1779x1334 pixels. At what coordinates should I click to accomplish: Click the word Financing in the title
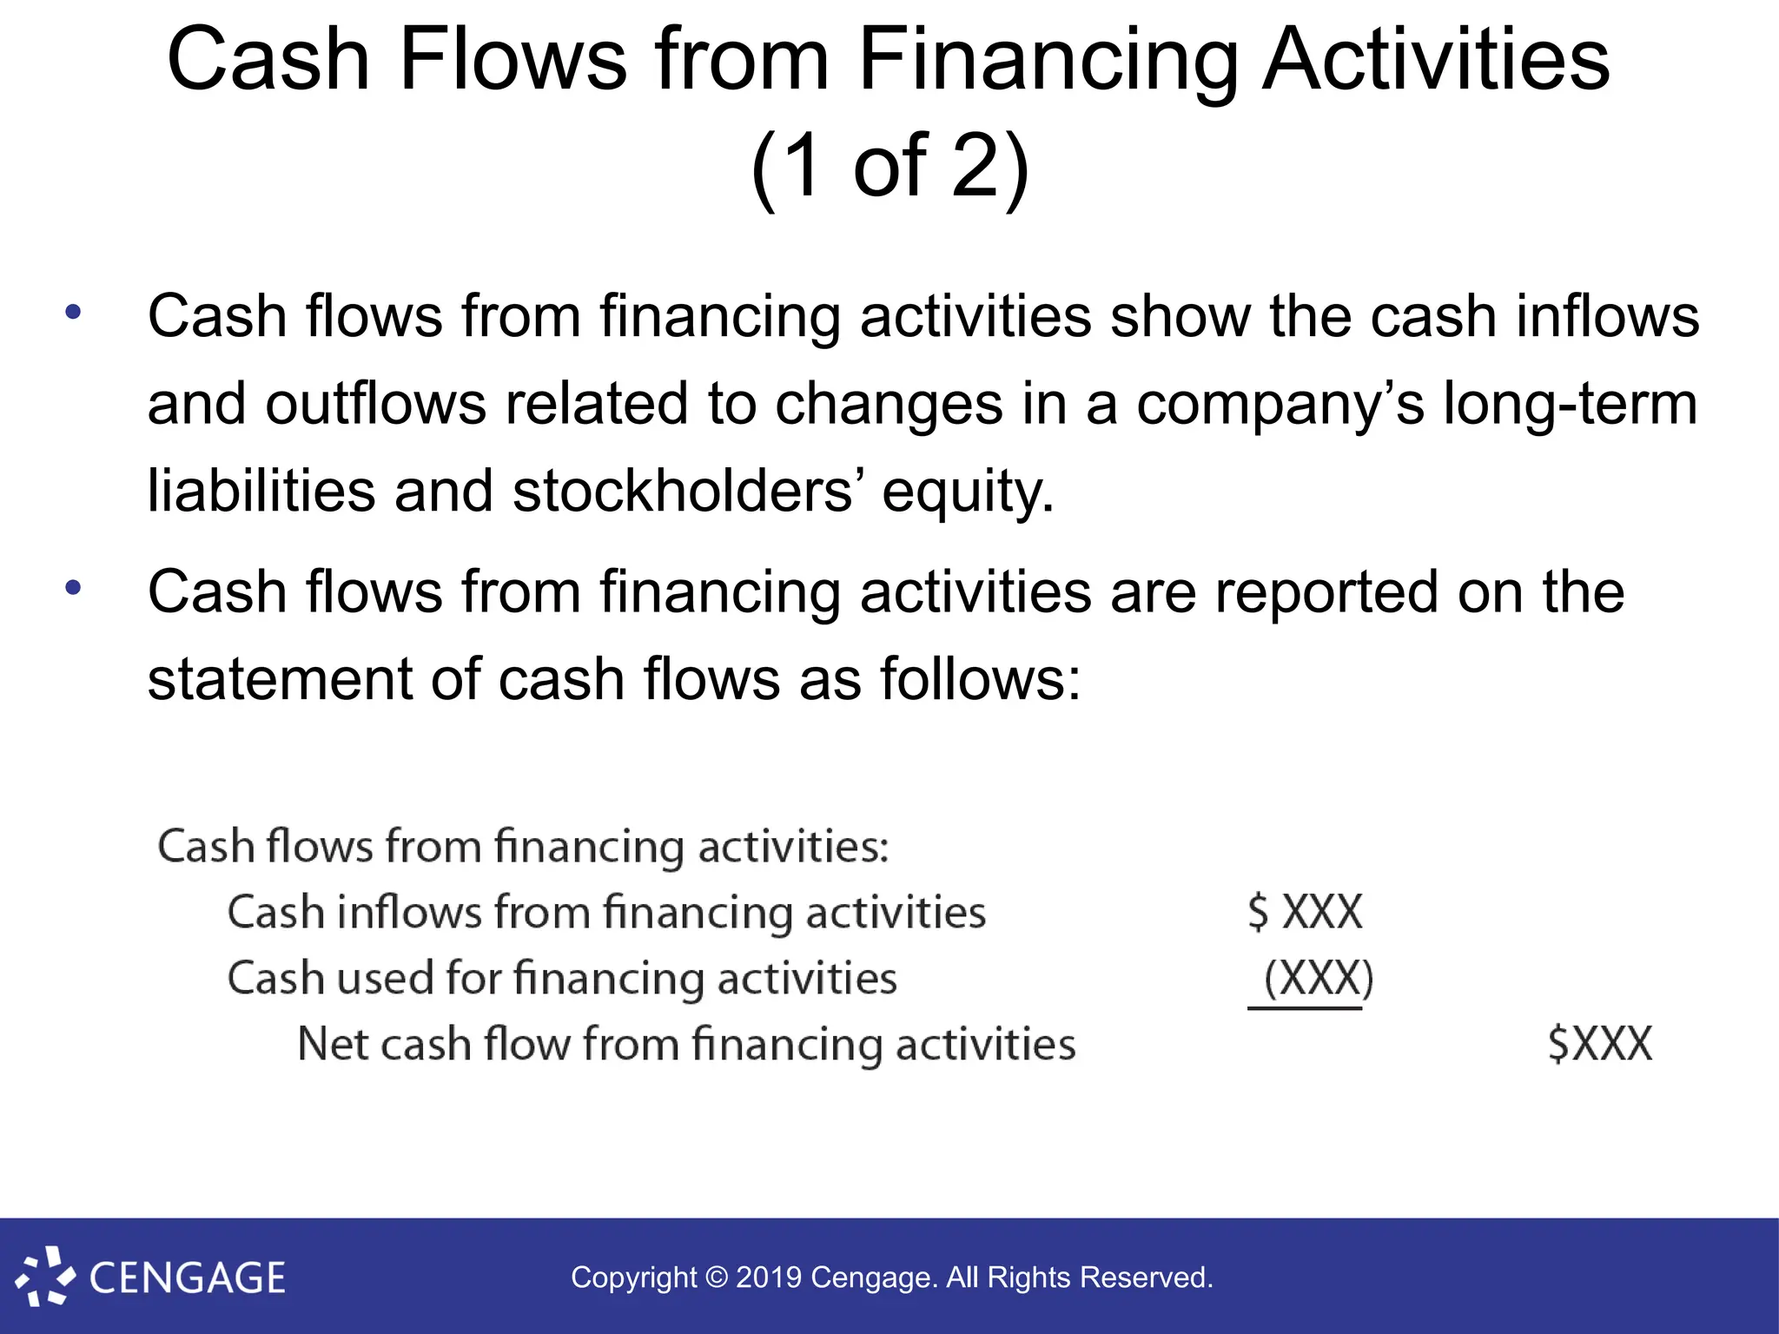(1049, 61)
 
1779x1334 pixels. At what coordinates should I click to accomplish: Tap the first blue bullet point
(73, 312)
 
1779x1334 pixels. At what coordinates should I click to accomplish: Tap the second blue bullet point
(73, 588)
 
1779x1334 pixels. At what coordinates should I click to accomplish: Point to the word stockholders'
(687, 492)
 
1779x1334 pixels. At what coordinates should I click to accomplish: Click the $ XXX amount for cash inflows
(1305, 912)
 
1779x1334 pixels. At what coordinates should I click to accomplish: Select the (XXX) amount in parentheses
(1318, 978)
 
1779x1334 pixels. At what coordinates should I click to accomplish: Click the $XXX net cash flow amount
(1599, 1044)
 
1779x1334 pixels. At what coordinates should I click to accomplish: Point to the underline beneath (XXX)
(1305, 1008)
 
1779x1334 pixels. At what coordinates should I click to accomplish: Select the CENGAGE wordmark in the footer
(187, 1278)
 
